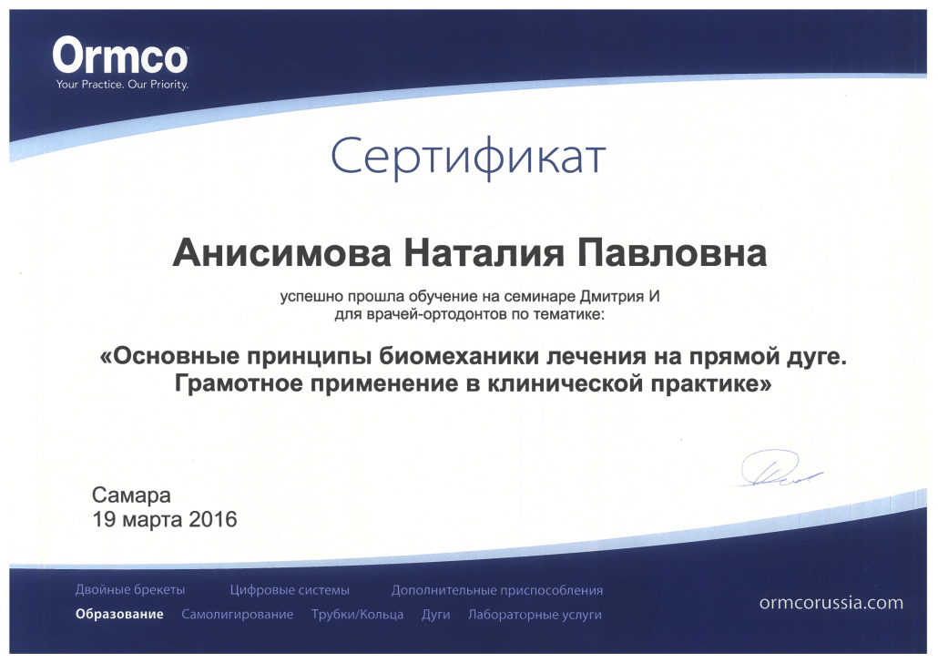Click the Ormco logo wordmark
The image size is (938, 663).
(x=120, y=56)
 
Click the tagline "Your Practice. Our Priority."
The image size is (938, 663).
(x=122, y=85)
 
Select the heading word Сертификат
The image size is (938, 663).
(x=468, y=157)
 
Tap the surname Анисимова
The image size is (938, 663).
(x=281, y=252)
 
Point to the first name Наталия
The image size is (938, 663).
(x=484, y=252)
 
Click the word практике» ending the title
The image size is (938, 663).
(x=710, y=383)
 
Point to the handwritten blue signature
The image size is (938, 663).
(x=779, y=469)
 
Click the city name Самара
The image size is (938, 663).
(x=131, y=495)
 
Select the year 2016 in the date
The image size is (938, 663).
(x=213, y=519)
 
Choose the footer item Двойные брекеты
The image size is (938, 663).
(x=130, y=590)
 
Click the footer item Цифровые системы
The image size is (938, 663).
(x=290, y=590)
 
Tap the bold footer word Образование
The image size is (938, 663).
(x=119, y=615)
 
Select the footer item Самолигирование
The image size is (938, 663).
(x=238, y=615)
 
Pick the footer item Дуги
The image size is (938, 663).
(x=435, y=615)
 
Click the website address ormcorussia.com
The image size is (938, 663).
(x=831, y=603)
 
